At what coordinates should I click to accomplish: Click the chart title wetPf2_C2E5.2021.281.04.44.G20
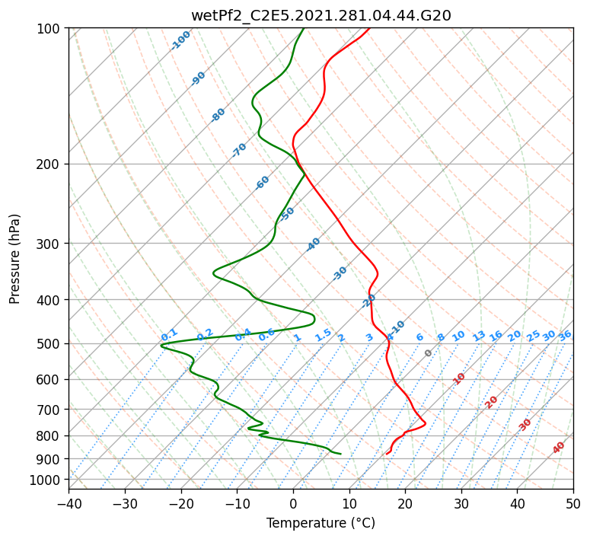pos(321,16)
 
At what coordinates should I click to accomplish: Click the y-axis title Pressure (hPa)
pos(14,259)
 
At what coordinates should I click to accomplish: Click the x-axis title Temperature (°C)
pos(321,523)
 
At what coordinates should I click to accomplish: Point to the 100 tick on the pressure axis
pos(48,29)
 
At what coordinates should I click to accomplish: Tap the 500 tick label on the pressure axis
pos(48,344)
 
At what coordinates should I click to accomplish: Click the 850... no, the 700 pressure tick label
pos(48,410)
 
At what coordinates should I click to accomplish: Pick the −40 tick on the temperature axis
pos(69,503)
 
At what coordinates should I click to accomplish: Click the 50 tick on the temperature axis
pos(573,503)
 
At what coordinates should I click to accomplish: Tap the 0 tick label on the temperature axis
pos(294,503)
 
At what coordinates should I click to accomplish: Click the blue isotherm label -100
pos(181,40)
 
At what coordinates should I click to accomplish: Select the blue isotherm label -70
pos(239,150)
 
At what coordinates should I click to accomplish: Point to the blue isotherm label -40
pos(313,244)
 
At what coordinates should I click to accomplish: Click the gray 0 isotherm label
pos(428,353)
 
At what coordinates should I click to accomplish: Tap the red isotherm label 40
pos(558,448)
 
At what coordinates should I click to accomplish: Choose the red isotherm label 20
pos(491,403)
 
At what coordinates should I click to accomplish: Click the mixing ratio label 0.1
pos(169,334)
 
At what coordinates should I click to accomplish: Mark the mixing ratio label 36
pos(565,336)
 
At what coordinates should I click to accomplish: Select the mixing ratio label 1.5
pos(324,335)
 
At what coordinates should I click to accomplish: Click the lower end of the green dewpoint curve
pos(340,454)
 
